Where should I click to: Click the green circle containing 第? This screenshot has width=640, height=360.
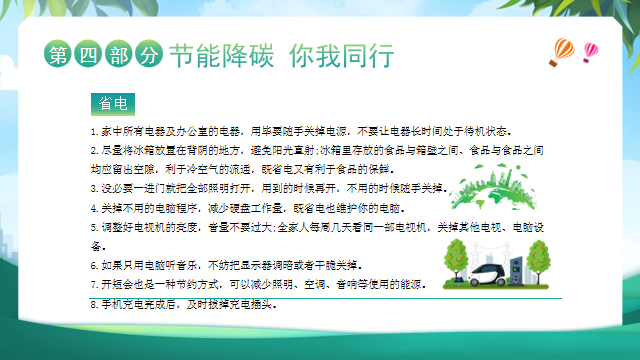pos(60,56)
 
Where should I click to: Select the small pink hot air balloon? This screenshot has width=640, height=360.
pos(590,49)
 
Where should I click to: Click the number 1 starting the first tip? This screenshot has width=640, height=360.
pos(91,131)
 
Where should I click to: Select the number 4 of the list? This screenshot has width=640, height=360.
pos(92,208)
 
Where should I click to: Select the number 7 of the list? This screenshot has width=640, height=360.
pos(92,285)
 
